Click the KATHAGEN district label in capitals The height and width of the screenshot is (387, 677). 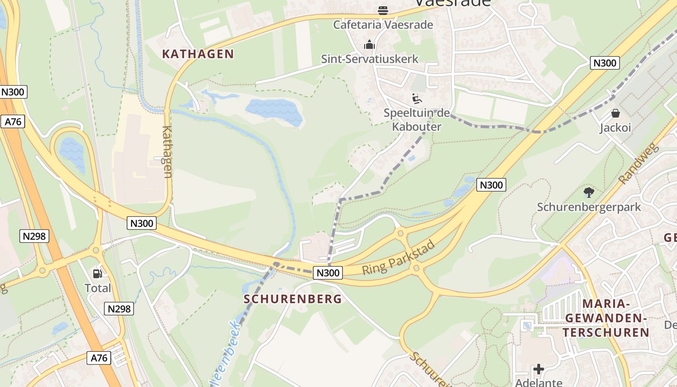click(198, 54)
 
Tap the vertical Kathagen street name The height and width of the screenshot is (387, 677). click(168, 151)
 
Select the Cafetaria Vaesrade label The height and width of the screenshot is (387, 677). click(383, 25)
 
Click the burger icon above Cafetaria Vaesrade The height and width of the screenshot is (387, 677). click(383, 10)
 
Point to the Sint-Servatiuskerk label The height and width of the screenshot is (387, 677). click(369, 59)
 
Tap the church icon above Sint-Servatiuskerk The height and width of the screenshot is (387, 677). click(369, 45)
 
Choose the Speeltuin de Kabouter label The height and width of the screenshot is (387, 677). click(416, 120)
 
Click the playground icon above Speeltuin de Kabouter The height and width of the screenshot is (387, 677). click(416, 98)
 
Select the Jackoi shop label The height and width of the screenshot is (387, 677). click(616, 128)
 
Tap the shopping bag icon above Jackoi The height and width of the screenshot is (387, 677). click(616, 113)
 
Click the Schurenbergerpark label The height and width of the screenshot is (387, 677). click(589, 207)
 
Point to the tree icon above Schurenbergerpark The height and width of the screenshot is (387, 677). click(589, 193)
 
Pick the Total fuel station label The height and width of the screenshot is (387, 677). click(98, 288)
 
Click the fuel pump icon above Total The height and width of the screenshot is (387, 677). click(98, 274)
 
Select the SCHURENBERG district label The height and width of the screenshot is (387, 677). click(293, 299)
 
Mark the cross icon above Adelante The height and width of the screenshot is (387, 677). click(539, 370)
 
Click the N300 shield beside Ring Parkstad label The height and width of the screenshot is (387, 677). click(328, 273)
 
